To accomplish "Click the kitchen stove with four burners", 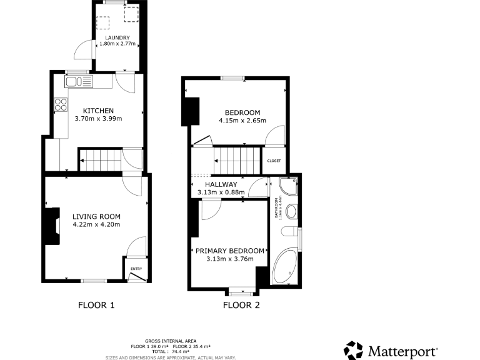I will click(61, 105).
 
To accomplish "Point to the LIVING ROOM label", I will click(96, 216).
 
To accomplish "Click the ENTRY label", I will click(136, 269).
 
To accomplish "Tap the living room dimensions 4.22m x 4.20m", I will click(96, 224).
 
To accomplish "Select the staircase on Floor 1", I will click(100, 160).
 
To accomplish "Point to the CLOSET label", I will click(274, 161).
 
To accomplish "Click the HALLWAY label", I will click(221, 184).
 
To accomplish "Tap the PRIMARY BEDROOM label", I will click(229, 251).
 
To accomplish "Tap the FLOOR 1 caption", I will click(96, 306).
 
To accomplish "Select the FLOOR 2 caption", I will click(241, 306).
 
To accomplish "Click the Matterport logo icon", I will click(354, 351).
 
